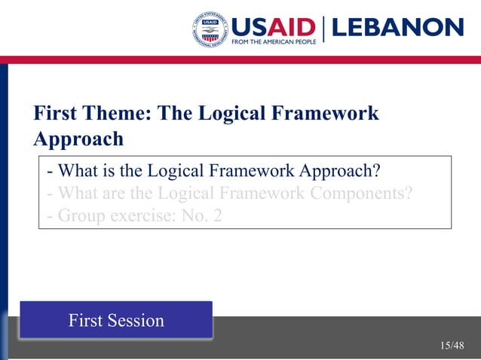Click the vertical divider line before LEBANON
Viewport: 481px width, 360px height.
324,29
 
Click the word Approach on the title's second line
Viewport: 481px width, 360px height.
78,139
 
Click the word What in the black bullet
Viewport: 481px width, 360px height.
79,168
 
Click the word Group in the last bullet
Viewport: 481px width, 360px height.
81,217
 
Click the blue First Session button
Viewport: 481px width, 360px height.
116,320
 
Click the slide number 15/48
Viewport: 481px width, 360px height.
452,346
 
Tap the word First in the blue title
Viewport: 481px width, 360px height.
56,114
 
